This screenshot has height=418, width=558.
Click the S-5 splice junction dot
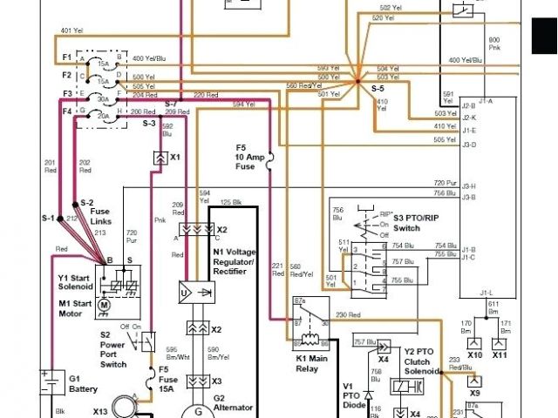357,82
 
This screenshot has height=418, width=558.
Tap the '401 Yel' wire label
71,30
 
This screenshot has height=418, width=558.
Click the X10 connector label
475,355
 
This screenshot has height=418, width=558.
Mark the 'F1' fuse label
66,57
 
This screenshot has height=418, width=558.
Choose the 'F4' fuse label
66,111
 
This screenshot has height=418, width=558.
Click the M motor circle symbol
104,305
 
